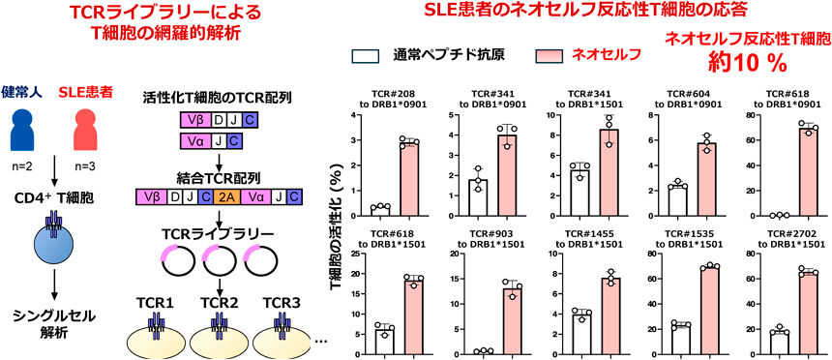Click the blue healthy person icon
[x=20, y=130]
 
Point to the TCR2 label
[x=220, y=303]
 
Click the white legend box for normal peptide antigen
[x=366, y=56]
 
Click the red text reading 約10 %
[x=748, y=64]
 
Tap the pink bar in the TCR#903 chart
[x=513, y=321]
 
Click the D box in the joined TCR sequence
[x=174, y=197]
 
